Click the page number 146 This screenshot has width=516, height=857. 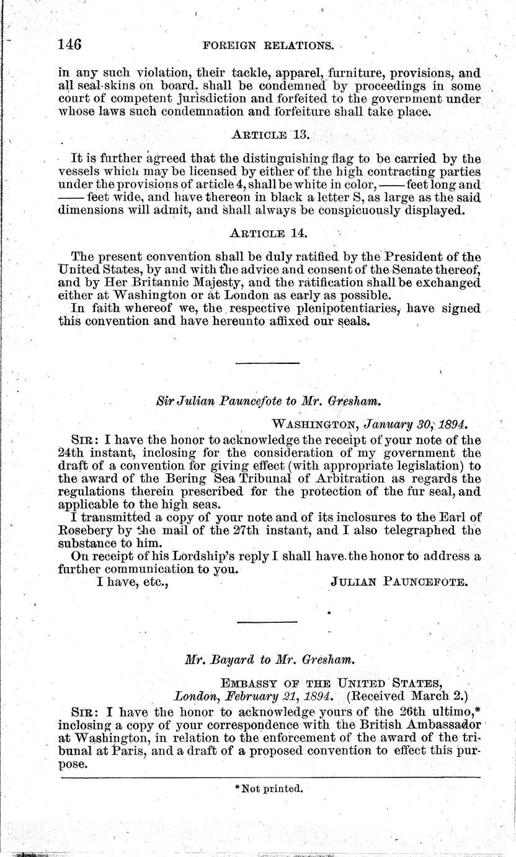pos(70,44)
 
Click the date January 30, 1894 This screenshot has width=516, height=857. pos(416,425)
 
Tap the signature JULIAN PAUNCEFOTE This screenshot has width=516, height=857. pos(399,582)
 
